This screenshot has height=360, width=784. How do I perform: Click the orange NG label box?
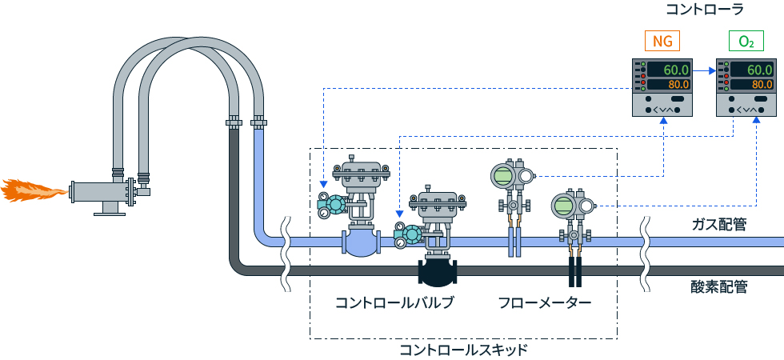coord(662,42)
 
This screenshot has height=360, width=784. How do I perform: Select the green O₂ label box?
coord(746,42)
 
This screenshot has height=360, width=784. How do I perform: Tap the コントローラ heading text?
coord(705,10)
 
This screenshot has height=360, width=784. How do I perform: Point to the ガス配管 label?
coord(718,225)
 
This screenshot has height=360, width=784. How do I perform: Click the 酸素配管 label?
coord(718,286)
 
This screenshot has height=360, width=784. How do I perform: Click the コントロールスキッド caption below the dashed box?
coord(463,350)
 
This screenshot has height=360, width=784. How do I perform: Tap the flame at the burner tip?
coord(32,191)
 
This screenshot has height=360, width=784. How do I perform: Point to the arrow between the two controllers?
coord(703,70)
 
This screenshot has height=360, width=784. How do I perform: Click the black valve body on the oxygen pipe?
coord(437,272)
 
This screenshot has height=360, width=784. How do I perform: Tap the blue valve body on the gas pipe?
coord(362,241)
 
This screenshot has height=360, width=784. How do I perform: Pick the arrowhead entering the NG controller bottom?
coord(664,122)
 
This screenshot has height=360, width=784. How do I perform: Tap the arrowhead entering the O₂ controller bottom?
coord(756,122)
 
